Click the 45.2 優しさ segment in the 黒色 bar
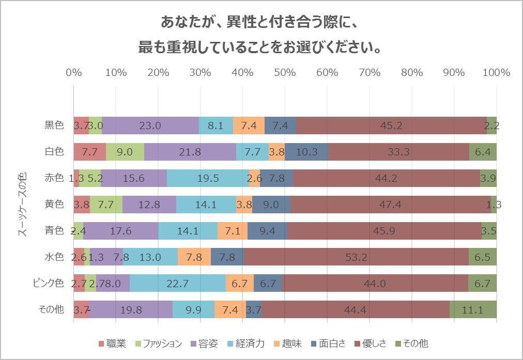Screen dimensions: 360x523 point(391,125)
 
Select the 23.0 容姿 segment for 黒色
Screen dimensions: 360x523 point(150,125)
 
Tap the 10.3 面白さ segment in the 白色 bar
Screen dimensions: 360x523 point(306,152)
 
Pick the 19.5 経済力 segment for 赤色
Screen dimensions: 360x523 point(208,178)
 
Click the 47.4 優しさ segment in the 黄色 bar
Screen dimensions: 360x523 point(390,205)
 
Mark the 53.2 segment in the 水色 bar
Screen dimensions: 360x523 point(356,257)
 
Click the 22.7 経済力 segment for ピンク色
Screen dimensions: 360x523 point(177,283)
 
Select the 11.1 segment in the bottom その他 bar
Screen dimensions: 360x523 point(473,309)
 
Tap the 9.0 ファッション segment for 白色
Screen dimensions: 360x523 point(125,152)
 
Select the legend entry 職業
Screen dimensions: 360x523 point(112,343)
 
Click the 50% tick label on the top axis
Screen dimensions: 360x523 point(285,72)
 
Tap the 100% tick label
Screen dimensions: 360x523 point(496,72)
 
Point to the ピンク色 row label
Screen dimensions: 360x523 point(49,283)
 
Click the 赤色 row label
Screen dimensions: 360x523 point(54,178)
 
